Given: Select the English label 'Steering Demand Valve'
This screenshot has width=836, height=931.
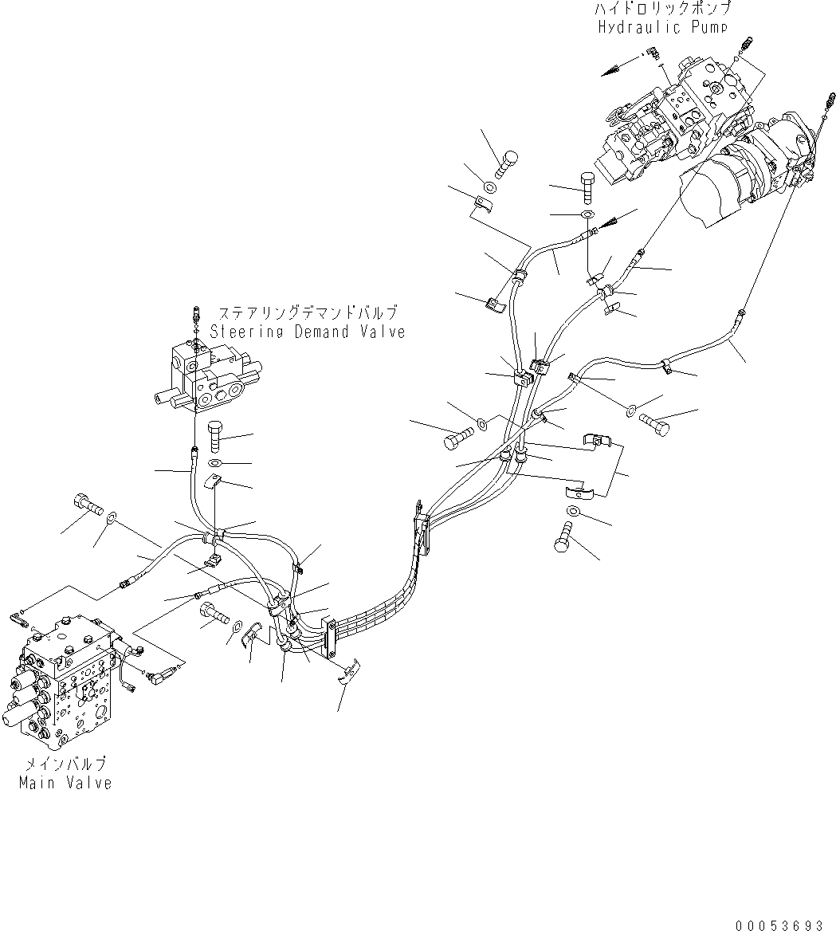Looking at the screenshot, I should click(x=307, y=332).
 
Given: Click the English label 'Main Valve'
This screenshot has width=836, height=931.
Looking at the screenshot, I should click(x=65, y=783).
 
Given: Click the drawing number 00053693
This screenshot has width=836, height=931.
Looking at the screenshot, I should click(x=779, y=919).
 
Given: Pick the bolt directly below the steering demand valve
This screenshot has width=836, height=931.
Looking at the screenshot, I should click(x=217, y=438).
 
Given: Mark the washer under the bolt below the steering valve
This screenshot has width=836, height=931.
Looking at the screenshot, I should click(x=217, y=463).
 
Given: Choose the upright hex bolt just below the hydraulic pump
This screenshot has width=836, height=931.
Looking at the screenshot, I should click(x=587, y=187).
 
